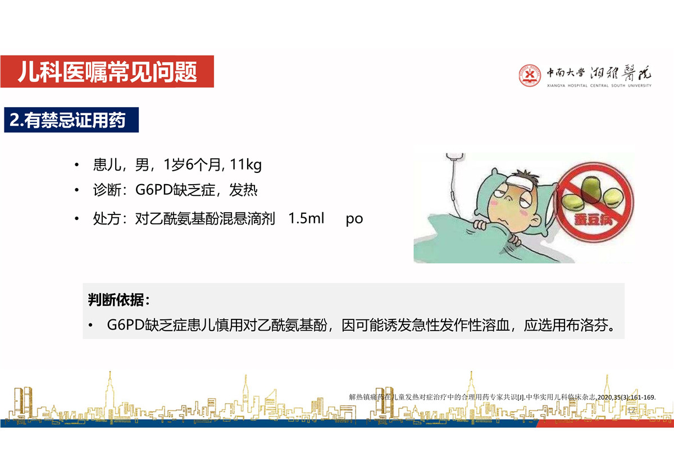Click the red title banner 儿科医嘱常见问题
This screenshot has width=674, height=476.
point(107,71)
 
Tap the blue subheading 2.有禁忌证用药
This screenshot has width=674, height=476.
point(71,120)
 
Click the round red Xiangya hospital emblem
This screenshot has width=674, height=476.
point(530,75)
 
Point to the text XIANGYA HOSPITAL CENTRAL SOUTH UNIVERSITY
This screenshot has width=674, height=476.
point(599,86)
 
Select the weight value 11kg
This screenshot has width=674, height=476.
point(245,165)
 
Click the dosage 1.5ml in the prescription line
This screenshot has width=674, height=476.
point(306,218)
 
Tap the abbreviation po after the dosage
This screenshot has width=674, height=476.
point(354,219)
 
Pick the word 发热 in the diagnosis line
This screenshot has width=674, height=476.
point(243,190)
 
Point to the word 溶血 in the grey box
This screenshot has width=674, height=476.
point(495,325)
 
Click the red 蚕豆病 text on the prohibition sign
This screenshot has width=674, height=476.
point(593,219)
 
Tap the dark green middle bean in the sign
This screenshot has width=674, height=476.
point(590,189)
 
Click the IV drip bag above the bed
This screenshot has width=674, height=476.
point(455,157)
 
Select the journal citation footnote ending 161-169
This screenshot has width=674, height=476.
point(502,397)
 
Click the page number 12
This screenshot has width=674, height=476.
point(631,410)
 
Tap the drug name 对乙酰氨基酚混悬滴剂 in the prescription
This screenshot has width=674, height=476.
point(205,218)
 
